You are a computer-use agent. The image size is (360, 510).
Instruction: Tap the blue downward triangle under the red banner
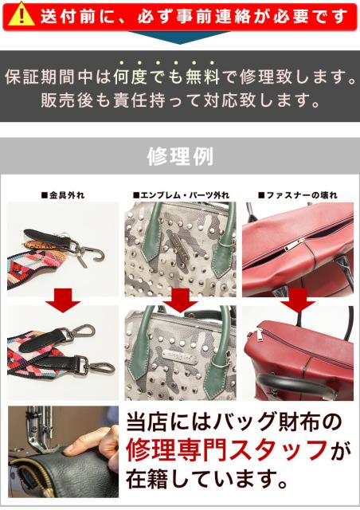pyautogui.click(x=179, y=37)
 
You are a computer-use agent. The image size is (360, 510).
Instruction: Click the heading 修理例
pyautogui.click(x=180, y=156)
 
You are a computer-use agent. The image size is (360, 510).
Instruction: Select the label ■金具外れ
pyautogui.click(x=63, y=195)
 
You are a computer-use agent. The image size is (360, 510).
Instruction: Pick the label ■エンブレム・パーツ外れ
pyautogui.click(x=181, y=195)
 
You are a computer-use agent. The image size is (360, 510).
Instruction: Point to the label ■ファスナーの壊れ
pyautogui.click(x=298, y=195)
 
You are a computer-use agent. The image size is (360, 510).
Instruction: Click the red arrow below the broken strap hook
pyautogui.click(x=63, y=300)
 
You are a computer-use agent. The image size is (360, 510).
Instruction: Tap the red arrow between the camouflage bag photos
pyautogui.click(x=180, y=300)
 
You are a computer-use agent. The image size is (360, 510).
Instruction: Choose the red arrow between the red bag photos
pyautogui.click(x=298, y=300)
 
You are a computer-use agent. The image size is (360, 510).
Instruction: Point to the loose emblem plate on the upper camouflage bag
pyautogui.click(x=182, y=241)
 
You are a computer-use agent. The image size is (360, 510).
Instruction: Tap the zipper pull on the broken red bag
pyautogui.click(x=294, y=245)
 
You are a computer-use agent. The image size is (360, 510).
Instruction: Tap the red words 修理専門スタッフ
pyautogui.click(x=226, y=450)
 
